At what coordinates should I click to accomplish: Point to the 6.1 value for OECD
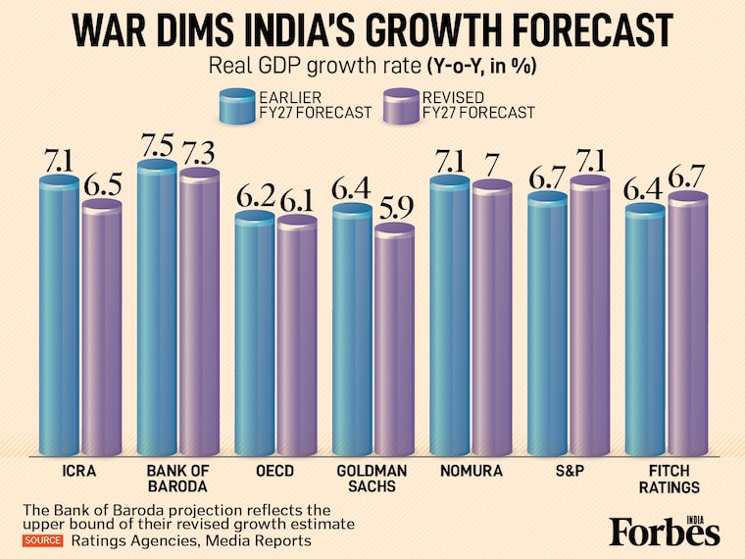click(296, 199)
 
